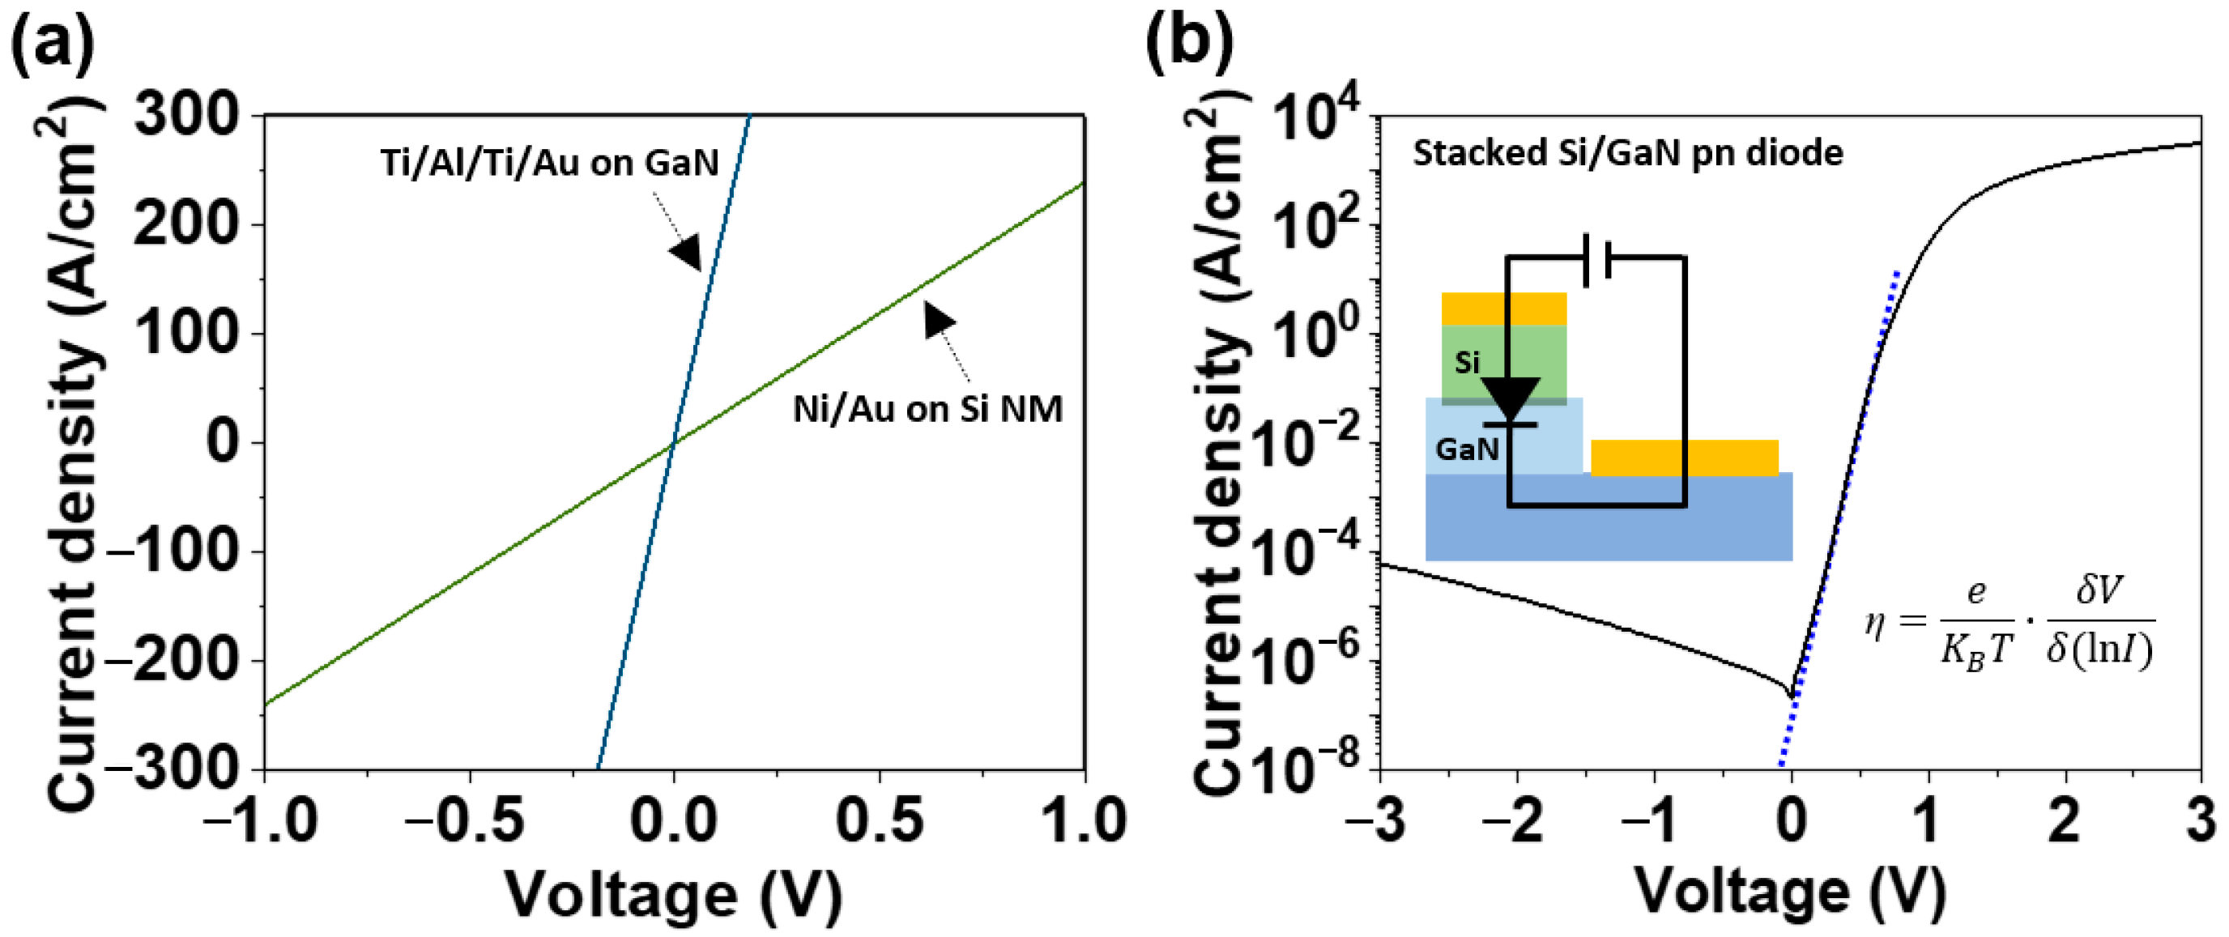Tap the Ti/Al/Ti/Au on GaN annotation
coord(549,163)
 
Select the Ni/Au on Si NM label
coord(927,409)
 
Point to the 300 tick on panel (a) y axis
coord(187,115)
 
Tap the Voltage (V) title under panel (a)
coord(673,897)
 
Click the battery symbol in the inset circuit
coord(1596,258)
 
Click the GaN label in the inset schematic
coord(1467,449)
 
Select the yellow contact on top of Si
coord(1504,309)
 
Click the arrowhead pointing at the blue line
coord(686,252)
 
